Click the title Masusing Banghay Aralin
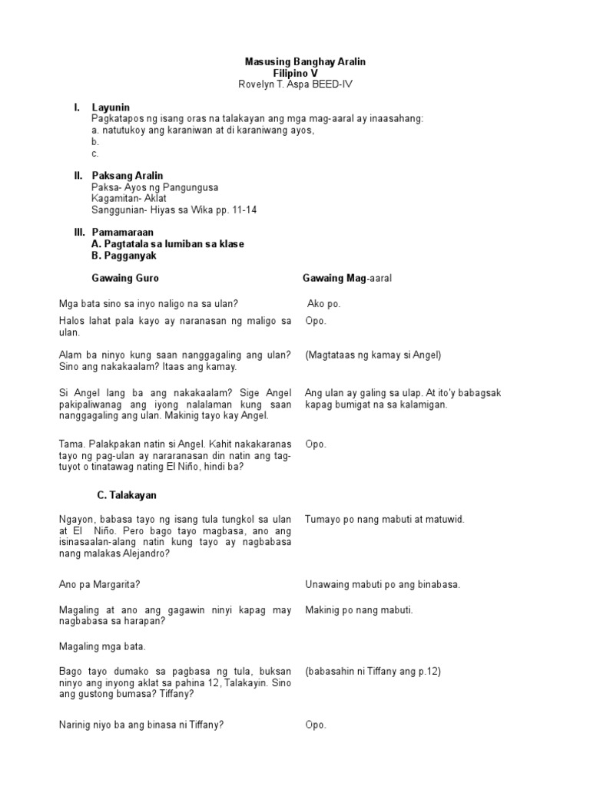[x=300, y=61]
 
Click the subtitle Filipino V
[x=300, y=72]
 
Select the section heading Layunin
[x=111, y=107]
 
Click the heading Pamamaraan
[x=123, y=232]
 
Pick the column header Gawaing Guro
[x=124, y=278]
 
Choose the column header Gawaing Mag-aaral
[x=347, y=278]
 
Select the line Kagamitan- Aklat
[x=128, y=198]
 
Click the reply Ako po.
[x=323, y=304]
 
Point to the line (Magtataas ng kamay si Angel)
[x=373, y=355]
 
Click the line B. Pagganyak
[x=123, y=256]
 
